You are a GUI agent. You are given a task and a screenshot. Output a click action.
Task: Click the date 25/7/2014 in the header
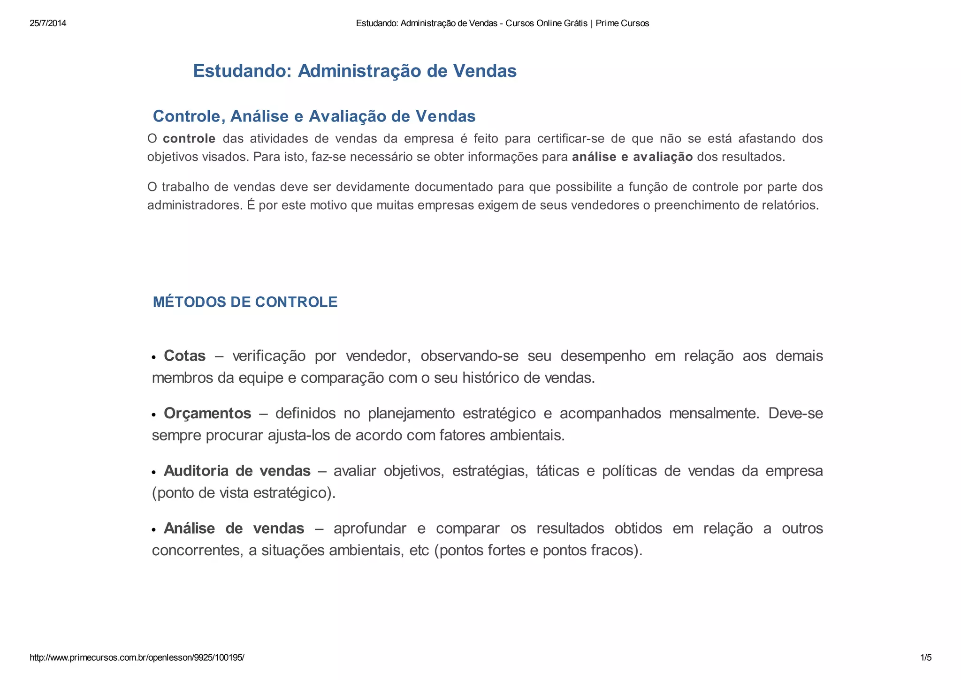pos(48,23)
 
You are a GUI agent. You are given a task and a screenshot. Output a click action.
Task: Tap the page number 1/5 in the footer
pos(926,657)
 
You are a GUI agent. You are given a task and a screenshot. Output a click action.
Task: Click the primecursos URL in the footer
pos(137,657)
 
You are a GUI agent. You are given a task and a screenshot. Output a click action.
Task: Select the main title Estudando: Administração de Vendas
pos(355,71)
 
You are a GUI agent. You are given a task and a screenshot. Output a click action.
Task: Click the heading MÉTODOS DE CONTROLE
pos(245,302)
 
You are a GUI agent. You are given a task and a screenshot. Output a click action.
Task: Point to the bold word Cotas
pos(184,356)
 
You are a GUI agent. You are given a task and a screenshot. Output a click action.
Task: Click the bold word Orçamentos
pos(207,414)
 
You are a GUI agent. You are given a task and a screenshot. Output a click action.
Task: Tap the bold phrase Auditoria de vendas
pos(237,471)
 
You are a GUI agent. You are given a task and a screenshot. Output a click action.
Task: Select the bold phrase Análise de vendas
pos(234,529)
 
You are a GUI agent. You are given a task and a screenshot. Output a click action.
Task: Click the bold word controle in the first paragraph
pos(189,139)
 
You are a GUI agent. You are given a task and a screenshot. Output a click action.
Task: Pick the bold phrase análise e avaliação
pos(632,157)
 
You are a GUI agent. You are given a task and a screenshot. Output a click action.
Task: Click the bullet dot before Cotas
pos(153,358)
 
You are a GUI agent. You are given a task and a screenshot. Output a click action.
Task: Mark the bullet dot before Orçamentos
pos(153,416)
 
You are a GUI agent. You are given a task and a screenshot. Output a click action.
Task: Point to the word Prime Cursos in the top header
pos(622,23)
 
